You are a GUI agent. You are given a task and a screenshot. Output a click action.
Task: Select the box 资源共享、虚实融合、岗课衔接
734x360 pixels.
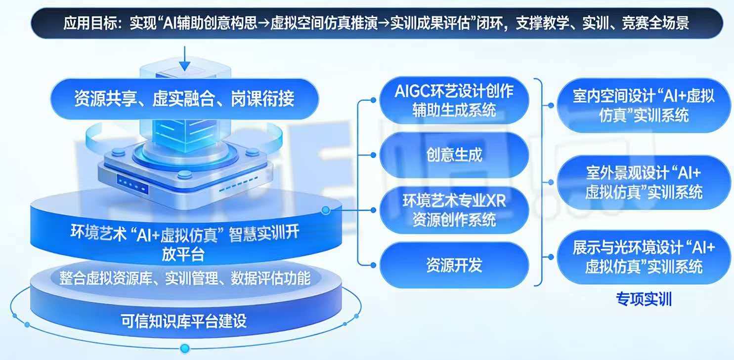tap(184, 98)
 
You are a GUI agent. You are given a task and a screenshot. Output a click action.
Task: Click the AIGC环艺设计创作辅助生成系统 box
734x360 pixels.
tap(454, 100)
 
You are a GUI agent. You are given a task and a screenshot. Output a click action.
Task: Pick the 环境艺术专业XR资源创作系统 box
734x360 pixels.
tap(454, 210)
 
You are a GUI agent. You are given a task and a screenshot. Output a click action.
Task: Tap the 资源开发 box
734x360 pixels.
tap(454, 265)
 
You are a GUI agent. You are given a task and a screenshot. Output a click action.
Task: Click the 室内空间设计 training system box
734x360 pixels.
tap(644, 105)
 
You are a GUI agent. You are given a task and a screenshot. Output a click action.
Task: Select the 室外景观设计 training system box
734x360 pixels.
tap(644, 182)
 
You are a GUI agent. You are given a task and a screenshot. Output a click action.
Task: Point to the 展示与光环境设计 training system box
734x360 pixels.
tap(644, 257)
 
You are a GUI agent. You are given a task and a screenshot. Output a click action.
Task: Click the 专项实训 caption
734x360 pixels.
tap(644, 299)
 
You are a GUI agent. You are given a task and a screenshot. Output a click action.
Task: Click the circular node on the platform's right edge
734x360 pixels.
tap(326, 211)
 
